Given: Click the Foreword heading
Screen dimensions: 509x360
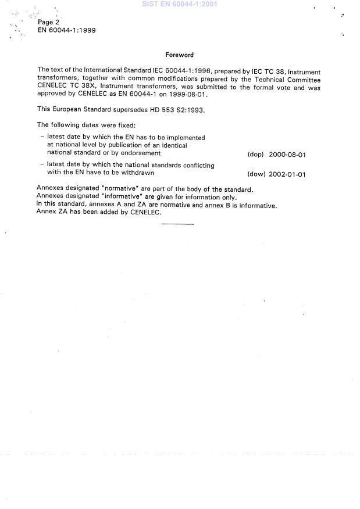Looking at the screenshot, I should (x=179, y=55).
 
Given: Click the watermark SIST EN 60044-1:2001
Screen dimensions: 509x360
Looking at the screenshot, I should (x=180, y=4).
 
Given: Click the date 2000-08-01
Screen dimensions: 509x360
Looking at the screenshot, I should (x=287, y=155).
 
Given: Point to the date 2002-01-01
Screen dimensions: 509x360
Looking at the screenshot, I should (x=287, y=174).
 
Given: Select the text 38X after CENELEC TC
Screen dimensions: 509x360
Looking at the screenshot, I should (x=92, y=87).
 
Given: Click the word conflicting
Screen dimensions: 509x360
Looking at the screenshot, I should (x=196, y=166).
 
